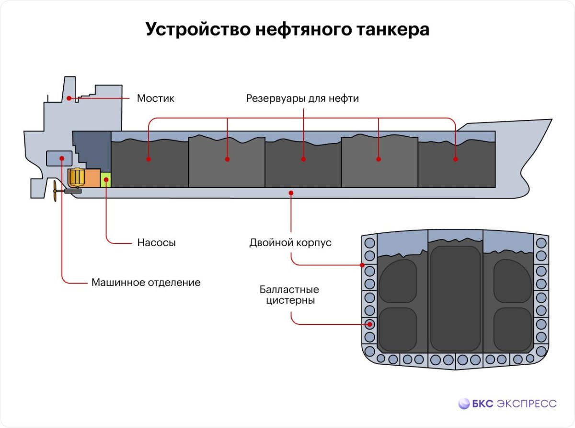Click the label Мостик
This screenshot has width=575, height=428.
[155, 98]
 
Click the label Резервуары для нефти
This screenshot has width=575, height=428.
[302, 98]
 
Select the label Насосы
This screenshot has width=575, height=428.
[156, 243]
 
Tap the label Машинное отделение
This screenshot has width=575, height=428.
[146, 282]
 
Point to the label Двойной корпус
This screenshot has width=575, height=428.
[290, 243]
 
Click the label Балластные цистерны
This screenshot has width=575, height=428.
[289, 296]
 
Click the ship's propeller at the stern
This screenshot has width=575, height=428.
[56, 191]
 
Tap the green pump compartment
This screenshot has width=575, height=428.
[105, 180]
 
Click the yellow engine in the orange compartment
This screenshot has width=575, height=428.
[76, 178]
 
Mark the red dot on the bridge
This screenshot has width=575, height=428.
[69, 98]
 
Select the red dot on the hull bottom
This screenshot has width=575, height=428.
[291, 193]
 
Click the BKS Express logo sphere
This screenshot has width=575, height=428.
[464, 404]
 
